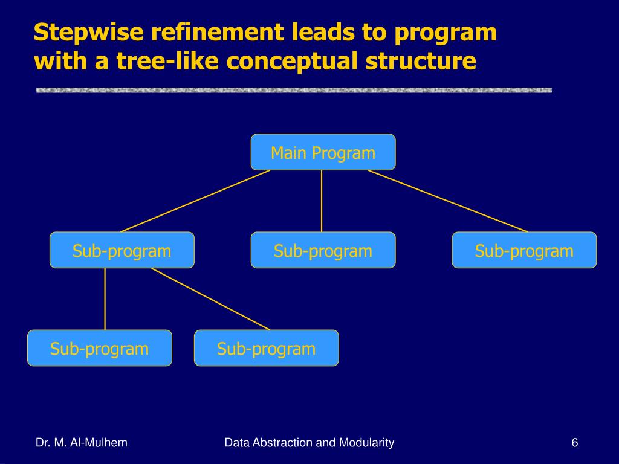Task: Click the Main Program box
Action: pyautogui.click(x=323, y=152)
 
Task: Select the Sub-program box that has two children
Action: pyautogui.click(x=122, y=250)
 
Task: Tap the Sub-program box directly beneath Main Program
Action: pyautogui.click(x=323, y=250)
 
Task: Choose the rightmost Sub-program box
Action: pyautogui.click(x=524, y=250)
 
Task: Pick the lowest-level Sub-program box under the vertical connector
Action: pyautogui.click(x=100, y=348)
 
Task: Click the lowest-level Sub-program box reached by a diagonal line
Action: pyautogui.click(x=266, y=348)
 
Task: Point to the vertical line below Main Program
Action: pyautogui.click(x=322, y=201)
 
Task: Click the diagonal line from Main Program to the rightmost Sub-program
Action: pyautogui.click(x=447, y=201)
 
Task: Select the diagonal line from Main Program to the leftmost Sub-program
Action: pyautogui.click(x=195, y=201)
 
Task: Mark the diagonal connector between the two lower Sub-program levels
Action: pyautogui.click(x=210, y=299)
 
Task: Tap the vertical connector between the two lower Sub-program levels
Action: pyautogui.click(x=105, y=299)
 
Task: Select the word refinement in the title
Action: pyautogui.click(x=199, y=33)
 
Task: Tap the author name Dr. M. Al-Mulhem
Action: pyautogui.click(x=82, y=443)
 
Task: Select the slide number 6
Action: pyautogui.click(x=574, y=443)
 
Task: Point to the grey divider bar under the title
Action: pyautogui.click(x=294, y=91)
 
